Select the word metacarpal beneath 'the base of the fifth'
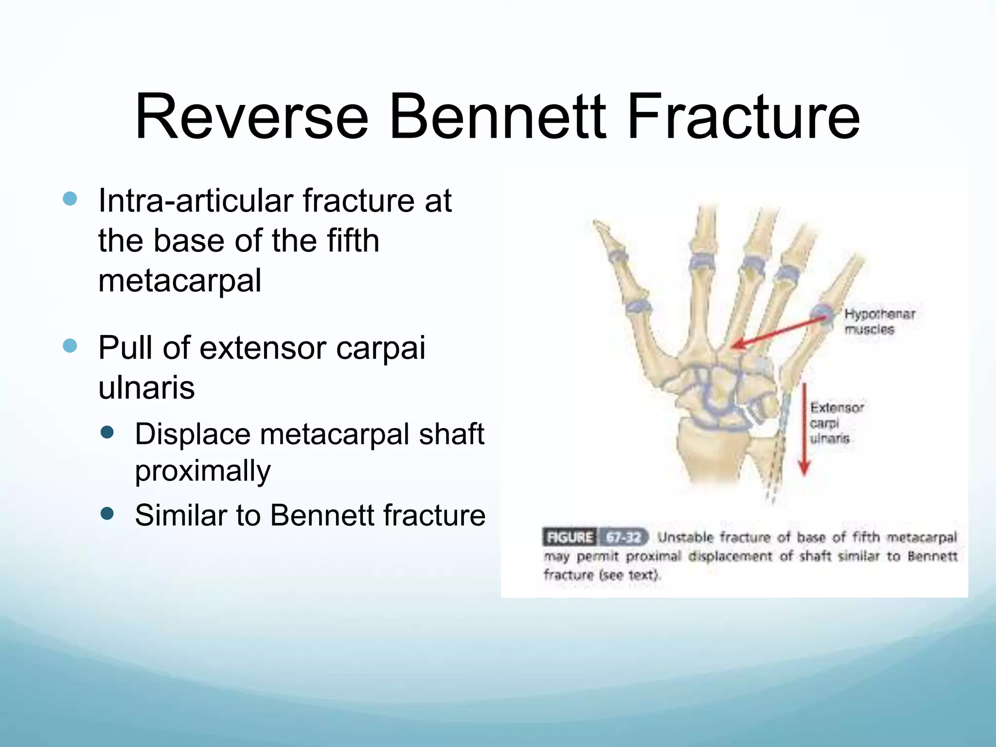coord(179,281)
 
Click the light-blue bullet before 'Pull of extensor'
coord(70,346)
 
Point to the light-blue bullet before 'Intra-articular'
coord(70,198)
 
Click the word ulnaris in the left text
coord(146,388)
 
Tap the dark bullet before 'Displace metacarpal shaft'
coord(107,432)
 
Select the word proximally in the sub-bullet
coord(202,471)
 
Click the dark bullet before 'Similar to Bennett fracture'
coord(107,514)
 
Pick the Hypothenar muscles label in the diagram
coord(879,321)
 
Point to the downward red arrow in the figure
coord(804,428)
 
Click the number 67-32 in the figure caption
coord(624,537)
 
